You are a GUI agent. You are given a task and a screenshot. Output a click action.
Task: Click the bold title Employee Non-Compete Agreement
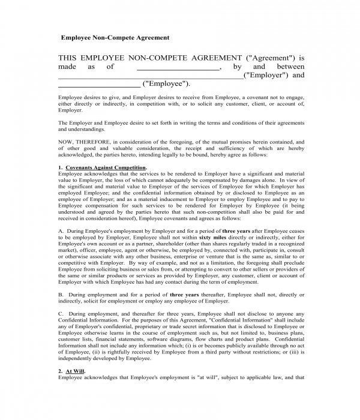(115, 37)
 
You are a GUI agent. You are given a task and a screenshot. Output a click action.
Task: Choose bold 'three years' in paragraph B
(185, 295)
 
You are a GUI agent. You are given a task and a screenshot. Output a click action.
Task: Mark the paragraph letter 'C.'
(61, 314)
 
